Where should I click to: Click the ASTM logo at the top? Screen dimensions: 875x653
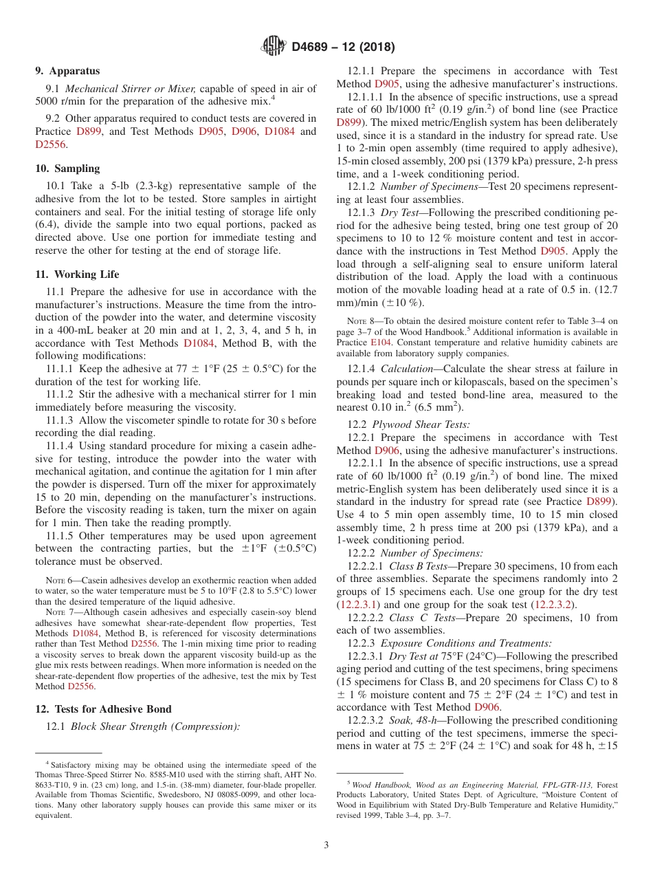[273, 47]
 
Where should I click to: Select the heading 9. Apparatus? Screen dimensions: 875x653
[67, 71]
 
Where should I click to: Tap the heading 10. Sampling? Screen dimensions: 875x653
[67, 169]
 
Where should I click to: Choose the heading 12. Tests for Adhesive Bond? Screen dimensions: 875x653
[103, 709]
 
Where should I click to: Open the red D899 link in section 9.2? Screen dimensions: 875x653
[87, 131]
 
